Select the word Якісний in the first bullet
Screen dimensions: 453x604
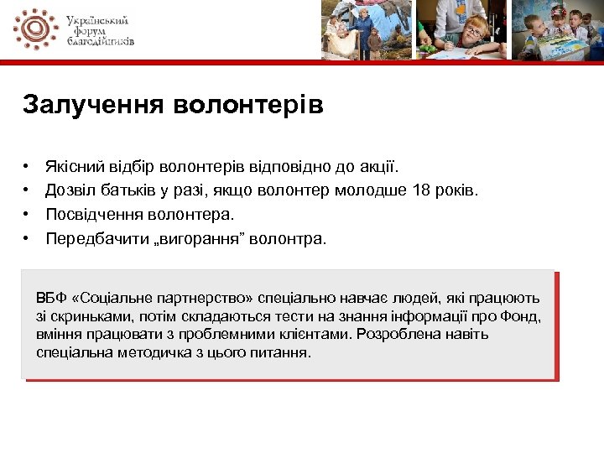(73, 168)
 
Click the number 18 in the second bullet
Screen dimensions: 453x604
(422, 191)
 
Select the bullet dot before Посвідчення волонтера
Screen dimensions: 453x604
(28, 215)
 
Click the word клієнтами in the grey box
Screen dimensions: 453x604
(320, 334)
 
